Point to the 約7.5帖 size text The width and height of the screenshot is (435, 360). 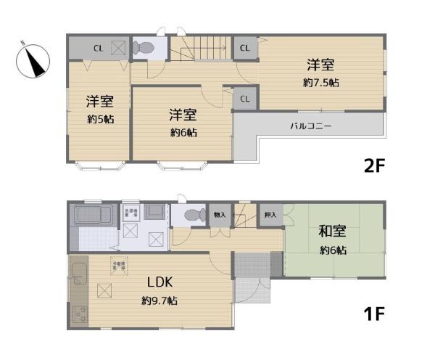coord(320,83)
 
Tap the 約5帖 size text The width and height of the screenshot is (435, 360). coord(100,118)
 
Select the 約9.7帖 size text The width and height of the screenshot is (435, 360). coord(159,300)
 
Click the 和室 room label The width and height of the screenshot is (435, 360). coord(332,233)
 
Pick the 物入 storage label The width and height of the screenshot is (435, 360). coord(219,215)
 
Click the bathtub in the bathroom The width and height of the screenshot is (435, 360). coord(94,216)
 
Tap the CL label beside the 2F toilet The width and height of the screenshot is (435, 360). coord(97,49)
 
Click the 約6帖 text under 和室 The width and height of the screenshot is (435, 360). coord(332,250)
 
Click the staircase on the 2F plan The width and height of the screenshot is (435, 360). coord(201,49)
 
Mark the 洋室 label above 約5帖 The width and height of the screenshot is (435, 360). coord(100,101)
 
